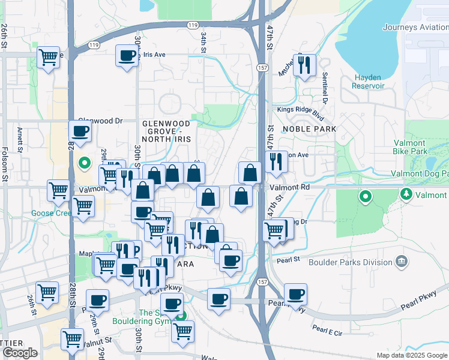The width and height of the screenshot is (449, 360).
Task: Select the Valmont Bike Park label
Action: [418, 148]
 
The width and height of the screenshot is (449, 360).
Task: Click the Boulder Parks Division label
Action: [350, 262]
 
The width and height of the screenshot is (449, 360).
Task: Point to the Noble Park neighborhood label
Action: [309, 130]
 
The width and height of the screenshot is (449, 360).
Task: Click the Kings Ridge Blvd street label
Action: [300, 110]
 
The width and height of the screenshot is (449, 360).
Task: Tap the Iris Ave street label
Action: [154, 54]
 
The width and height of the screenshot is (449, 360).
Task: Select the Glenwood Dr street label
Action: [100, 121]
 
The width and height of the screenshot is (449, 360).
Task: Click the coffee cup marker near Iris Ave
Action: [127, 56]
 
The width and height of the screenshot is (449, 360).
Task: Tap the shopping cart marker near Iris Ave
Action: [48, 57]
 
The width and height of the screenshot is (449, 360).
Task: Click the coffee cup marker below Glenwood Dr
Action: [80, 131]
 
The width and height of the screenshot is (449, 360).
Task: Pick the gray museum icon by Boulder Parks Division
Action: [402, 262]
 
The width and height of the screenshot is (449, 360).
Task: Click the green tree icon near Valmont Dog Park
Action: [407, 194]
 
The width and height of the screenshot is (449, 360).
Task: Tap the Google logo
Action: [20, 353]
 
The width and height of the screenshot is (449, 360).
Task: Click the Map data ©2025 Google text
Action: [411, 355]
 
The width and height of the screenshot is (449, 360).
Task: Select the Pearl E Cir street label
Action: [327, 329]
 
